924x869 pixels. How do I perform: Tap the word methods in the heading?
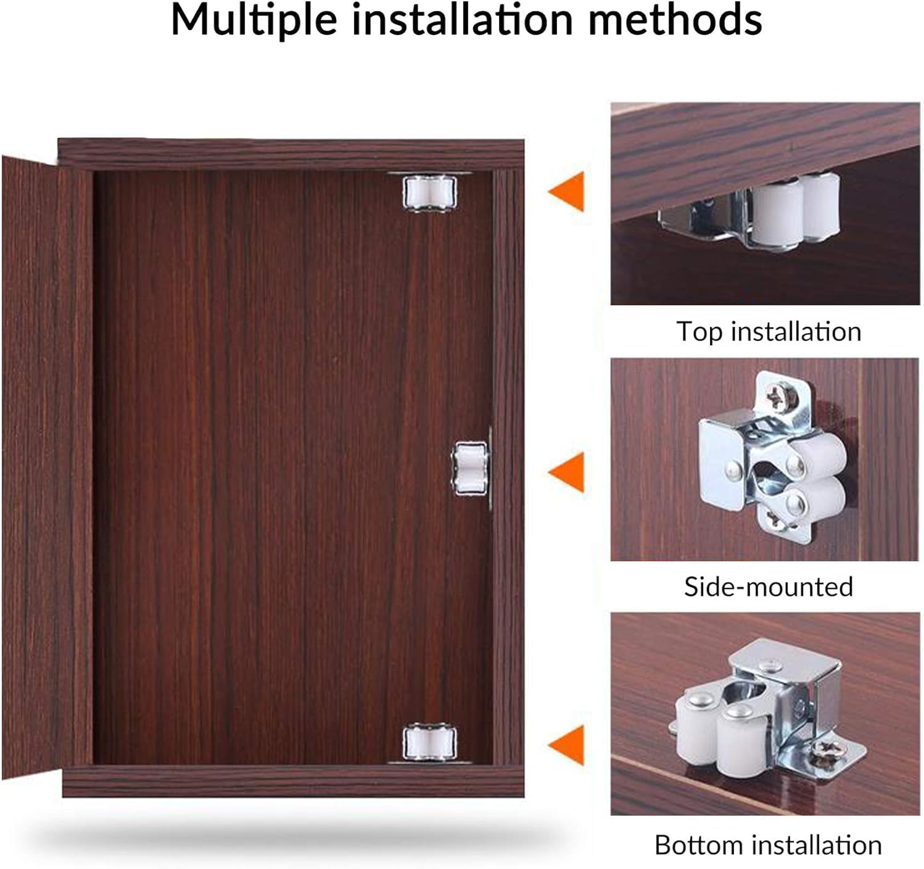pos(675,20)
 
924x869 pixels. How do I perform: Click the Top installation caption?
pos(769,332)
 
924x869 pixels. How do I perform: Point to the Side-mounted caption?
pos(769,587)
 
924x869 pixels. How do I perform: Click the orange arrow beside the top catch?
pos(566,191)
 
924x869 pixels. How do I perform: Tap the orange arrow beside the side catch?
pos(566,472)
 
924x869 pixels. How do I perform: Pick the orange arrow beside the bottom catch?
pos(566,745)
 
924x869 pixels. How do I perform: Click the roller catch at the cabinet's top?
pos(429,192)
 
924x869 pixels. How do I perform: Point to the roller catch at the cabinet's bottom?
pos(429,743)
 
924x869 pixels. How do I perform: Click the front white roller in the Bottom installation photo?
pos(740,741)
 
